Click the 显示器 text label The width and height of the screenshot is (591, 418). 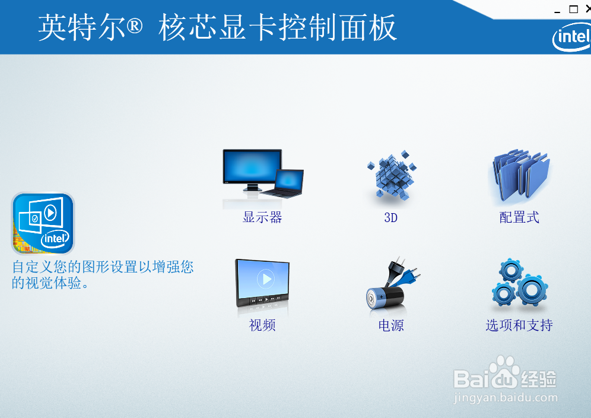pyautogui.click(x=262, y=217)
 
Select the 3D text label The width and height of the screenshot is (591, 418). pyautogui.click(x=391, y=218)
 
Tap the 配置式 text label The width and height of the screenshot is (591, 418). pyautogui.click(x=519, y=217)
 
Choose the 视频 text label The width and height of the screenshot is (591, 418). pyautogui.click(x=262, y=325)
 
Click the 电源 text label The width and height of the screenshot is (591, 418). pyautogui.click(x=391, y=325)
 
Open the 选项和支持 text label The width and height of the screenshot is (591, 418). pyautogui.click(x=519, y=325)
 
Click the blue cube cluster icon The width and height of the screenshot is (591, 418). pyautogui.click(x=392, y=175)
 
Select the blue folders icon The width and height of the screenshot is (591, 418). pyautogui.click(x=521, y=175)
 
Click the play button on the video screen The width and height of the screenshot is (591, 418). pyautogui.click(x=266, y=279)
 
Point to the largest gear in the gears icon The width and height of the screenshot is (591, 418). pyautogui.click(x=532, y=290)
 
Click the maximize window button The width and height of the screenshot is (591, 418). pyautogui.click(x=573, y=9)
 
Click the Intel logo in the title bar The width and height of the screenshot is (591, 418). pyautogui.click(x=572, y=37)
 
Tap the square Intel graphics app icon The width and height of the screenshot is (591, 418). pyautogui.click(x=43, y=223)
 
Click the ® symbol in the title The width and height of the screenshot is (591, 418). pyautogui.click(x=135, y=26)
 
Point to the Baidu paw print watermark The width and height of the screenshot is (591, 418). pyautogui.click(x=504, y=371)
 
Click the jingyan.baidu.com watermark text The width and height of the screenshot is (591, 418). pyautogui.click(x=506, y=398)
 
